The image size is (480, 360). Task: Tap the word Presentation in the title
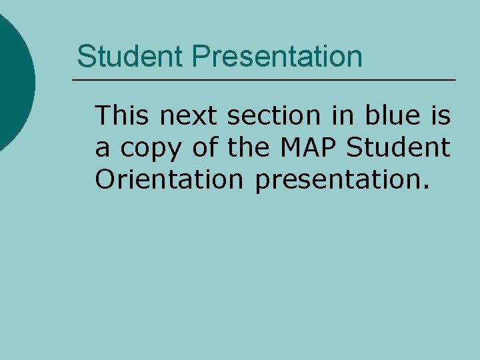(277, 57)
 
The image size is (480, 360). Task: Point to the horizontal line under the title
(264, 81)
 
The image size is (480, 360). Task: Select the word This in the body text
(123, 116)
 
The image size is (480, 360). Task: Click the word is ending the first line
(440, 116)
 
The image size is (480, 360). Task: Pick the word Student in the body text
(398, 148)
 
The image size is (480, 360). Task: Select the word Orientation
(169, 180)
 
